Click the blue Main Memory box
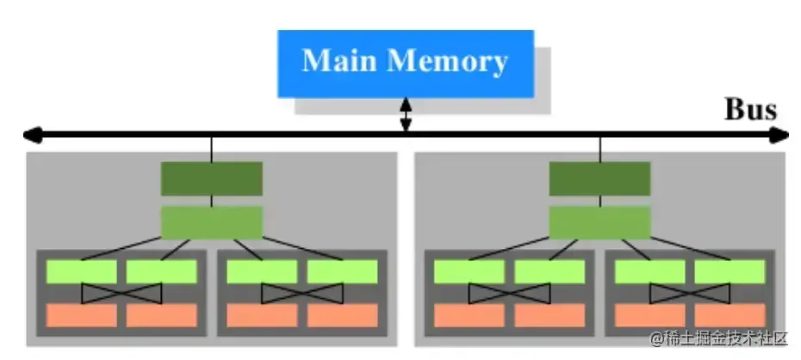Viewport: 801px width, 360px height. pos(405,63)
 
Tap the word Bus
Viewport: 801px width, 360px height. pos(750,110)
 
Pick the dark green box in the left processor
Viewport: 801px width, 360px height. pos(212,178)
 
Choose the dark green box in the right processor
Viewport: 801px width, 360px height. pos(600,178)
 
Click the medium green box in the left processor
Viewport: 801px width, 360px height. pos(212,221)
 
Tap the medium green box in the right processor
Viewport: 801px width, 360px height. pos(600,221)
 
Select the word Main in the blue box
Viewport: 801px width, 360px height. pos(339,62)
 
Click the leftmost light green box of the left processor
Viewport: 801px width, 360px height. pos(81,272)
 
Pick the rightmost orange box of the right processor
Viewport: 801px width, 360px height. pos(730,315)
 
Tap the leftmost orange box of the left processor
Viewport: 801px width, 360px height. pos(81,315)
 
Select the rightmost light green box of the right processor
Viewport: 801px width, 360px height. pos(730,272)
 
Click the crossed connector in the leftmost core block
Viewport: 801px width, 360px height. pos(121,294)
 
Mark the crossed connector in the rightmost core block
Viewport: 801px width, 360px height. pos(690,294)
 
